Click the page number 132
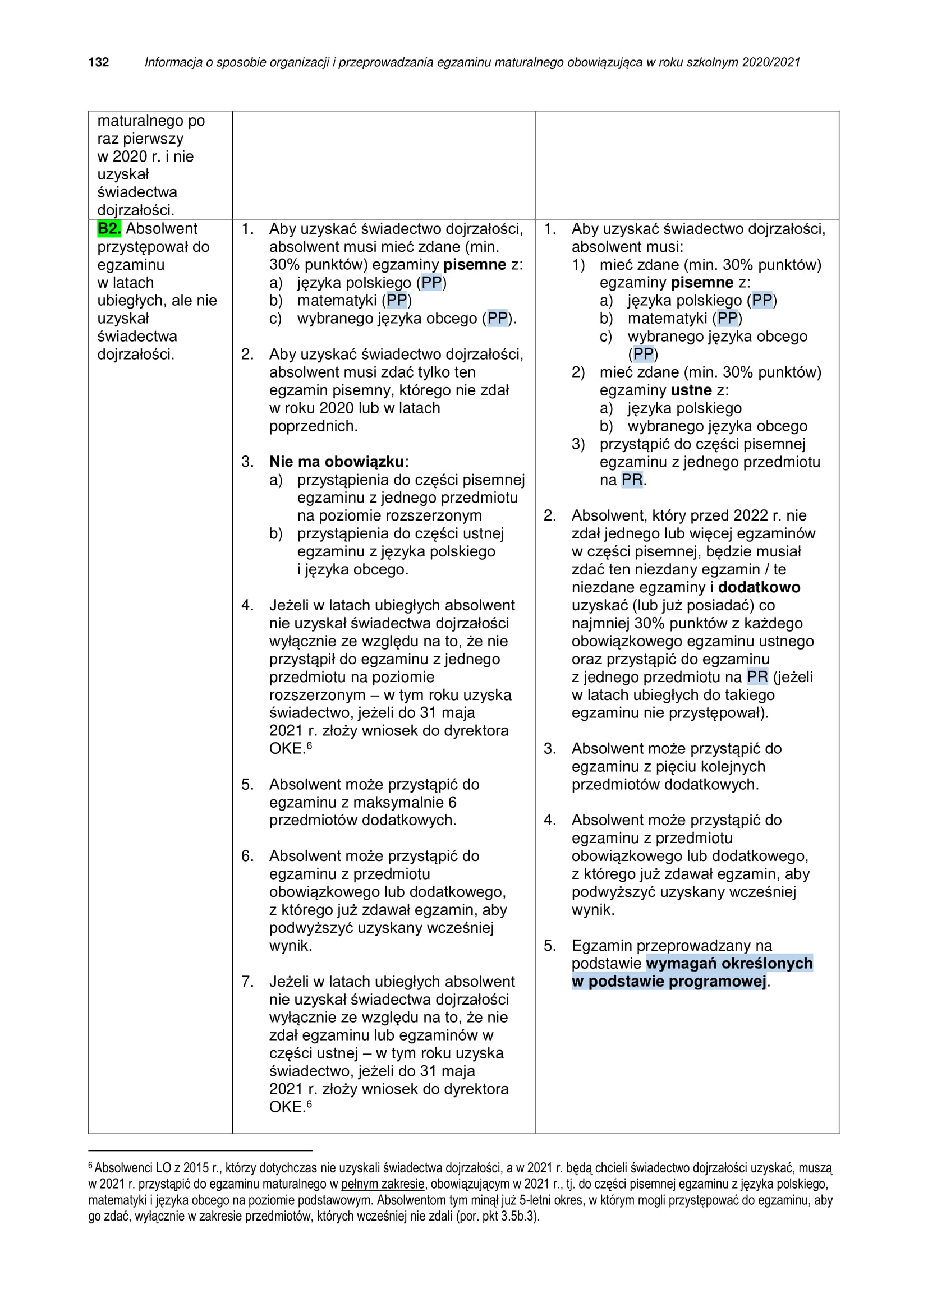(x=98, y=62)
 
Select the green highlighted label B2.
(x=109, y=228)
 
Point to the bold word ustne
(x=691, y=390)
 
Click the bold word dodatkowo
(x=759, y=587)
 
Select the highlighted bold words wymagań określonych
(x=729, y=963)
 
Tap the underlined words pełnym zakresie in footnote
(x=382, y=1184)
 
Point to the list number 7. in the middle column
(x=247, y=981)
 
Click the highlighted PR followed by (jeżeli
(x=757, y=676)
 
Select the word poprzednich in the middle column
(x=313, y=426)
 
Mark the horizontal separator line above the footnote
(x=200, y=1150)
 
